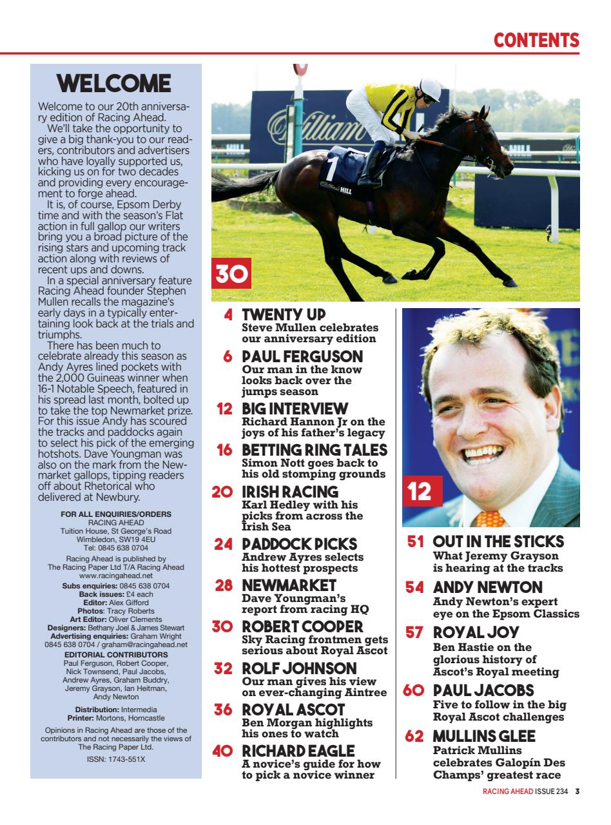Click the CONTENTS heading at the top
[x=536, y=40]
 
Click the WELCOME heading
[x=113, y=84]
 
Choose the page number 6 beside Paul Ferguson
[x=228, y=356]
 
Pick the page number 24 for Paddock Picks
[x=223, y=544]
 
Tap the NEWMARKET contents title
[x=289, y=585]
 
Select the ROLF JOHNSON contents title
[x=299, y=668]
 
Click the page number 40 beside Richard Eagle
[x=222, y=751]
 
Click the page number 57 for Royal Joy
[x=414, y=633]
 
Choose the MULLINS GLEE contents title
[x=484, y=736]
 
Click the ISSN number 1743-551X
[x=116, y=759]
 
